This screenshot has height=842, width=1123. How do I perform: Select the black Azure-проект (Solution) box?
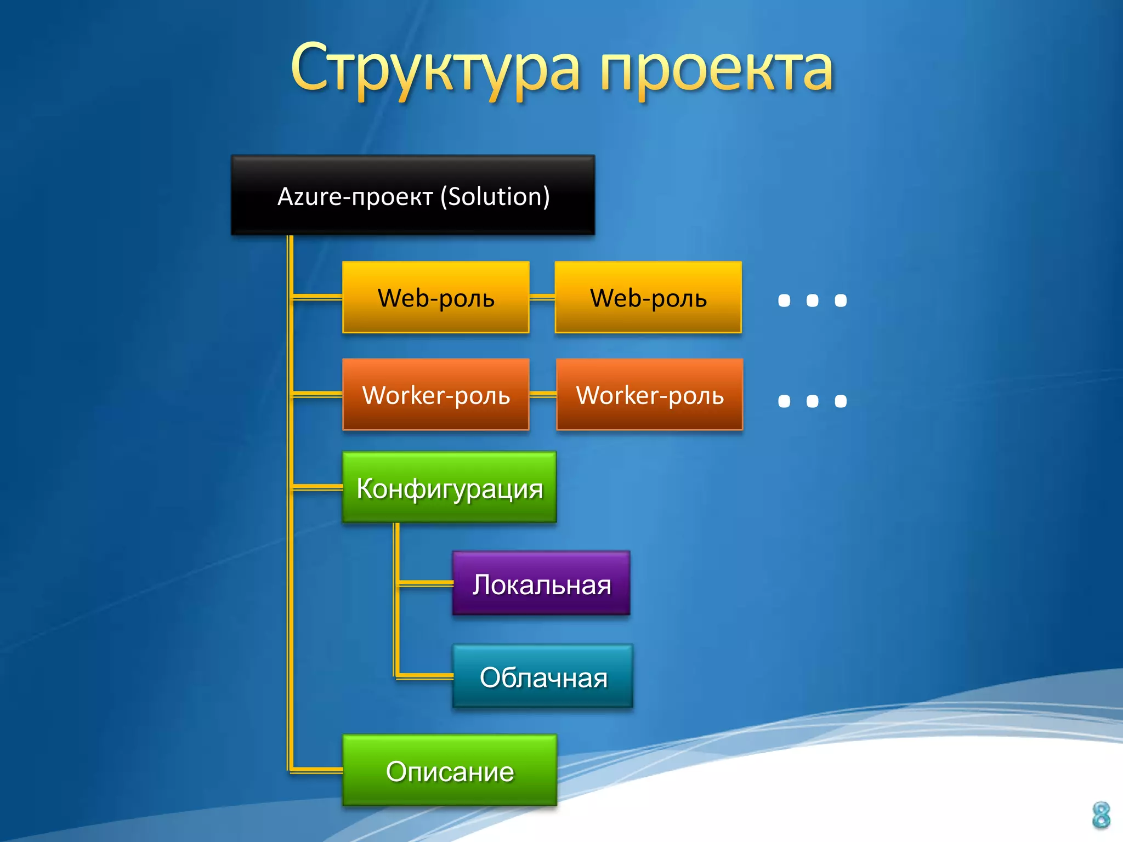(x=413, y=196)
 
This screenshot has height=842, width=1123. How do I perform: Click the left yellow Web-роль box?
(x=436, y=298)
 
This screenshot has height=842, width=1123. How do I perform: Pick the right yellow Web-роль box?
(x=648, y=298)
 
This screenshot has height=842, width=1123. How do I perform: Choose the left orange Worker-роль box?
(x=436, y=395)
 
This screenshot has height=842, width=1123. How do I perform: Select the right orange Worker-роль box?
(x=650, y=395)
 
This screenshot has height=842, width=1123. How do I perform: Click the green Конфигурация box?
(x=449, y=487)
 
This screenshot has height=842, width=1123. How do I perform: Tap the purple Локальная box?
(x=541, y=583)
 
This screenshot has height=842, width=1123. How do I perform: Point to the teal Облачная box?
(x=543, y=676)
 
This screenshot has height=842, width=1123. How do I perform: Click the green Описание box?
(x=450, y=770)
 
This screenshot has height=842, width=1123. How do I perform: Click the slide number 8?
(x=1101, y=815)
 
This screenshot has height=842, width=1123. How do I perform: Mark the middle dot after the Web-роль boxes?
(x=812, y=300)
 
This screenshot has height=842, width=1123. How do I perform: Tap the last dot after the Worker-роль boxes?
(x=841, y=401)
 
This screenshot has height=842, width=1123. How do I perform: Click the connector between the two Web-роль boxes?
(x=542, y=298)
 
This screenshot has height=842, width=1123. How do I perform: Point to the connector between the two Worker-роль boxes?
(x=543, y=394)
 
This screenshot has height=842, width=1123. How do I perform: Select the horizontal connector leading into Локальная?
(x=426, y=583)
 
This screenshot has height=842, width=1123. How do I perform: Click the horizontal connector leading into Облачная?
(x=426, y=676)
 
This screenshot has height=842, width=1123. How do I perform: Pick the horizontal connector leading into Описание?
(x=317, y=770)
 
